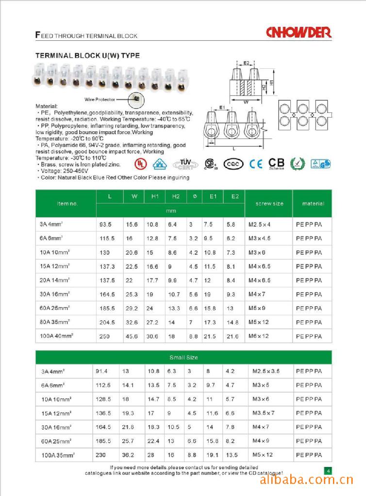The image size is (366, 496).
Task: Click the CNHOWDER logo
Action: pyautogui.click(x=299, y=32)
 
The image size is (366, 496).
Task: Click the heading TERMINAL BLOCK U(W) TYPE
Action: pyautogui.click(x=88, y=56)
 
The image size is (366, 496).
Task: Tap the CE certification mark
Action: pyautogui.click(x=256, y=164)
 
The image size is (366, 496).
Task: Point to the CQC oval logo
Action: pyautogui.click(x=233, y=164)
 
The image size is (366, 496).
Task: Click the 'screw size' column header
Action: pyautogui.click(x=269, y=203)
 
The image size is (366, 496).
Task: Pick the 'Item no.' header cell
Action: pyautogui.click(x=67, y=203)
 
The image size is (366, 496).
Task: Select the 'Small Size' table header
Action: pyautogui.click(x=183, y=357)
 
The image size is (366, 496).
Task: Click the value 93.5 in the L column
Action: pyautogui.click(x=105, y=225)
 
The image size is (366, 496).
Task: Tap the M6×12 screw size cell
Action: pyautogui.click(x=259, y=336)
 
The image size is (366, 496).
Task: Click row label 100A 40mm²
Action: pyautogui.click(x=57, y=336)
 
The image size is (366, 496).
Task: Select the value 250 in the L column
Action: pyautogui.click(x=104, y=336)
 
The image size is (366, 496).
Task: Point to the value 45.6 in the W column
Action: pyautogui.click(x=132, y=336)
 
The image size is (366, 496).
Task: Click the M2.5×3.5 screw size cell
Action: pyautogui.click(x=266, y=372)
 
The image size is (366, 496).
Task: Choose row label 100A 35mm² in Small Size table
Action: pyautogui.click(x=57, y=455)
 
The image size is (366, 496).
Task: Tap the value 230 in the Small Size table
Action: pyautogui.click(x=100, y=455)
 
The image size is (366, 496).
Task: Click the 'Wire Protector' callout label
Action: pyautogui.click(x=100, y=99)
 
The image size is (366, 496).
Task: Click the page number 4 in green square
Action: pyautogui.click(x=328, y=470)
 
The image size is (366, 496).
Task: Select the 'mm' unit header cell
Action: pyautogui.click(x=170, y=211)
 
